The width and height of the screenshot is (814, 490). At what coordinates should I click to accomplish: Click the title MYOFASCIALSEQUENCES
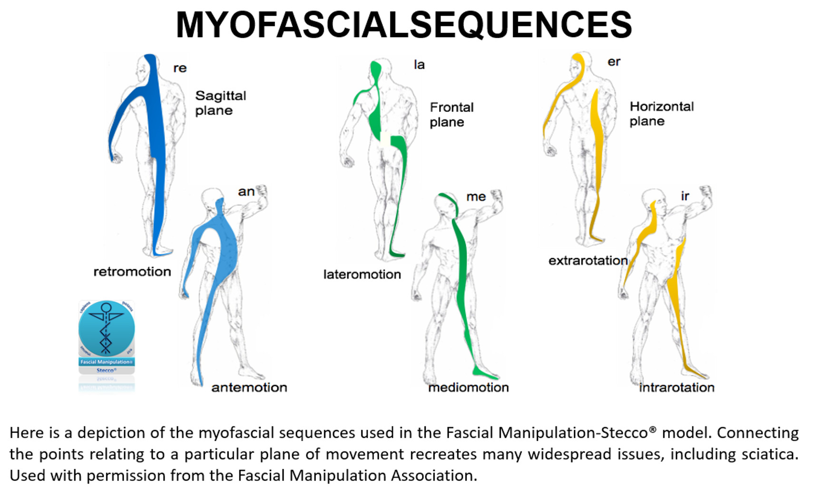(x=403, y=25)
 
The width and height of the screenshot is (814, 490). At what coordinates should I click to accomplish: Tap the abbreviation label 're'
(x=180, y=68)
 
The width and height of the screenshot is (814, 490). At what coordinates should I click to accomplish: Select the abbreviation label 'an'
(x=246, y=192)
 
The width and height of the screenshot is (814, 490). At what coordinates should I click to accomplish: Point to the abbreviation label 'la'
(x=419, y=65)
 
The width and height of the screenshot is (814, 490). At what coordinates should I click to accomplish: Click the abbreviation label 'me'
(x=476, y=196)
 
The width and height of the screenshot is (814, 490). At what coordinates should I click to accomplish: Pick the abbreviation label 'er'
(x=614, y=62)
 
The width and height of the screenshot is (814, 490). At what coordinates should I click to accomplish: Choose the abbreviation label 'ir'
(x=685, y=196)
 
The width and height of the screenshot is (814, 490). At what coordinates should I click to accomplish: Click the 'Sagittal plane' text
(x=220, y=103)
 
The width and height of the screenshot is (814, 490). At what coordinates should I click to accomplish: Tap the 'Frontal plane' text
(x=451, y=115)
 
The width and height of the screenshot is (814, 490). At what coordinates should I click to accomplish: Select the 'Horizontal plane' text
(x=661, y=114)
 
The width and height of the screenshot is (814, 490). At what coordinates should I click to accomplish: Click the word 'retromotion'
(x=132, y=272)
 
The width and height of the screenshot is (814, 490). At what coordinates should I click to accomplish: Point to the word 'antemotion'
(x=249, y=387)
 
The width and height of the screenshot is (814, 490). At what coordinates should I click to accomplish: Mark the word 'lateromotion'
(x=362, y=274)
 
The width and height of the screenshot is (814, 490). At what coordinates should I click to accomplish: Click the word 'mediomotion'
(x=468, y=387)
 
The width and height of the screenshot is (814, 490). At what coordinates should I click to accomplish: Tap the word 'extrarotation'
(x=588, y=261)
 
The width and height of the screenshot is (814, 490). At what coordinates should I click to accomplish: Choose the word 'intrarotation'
(x=677, y=387)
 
